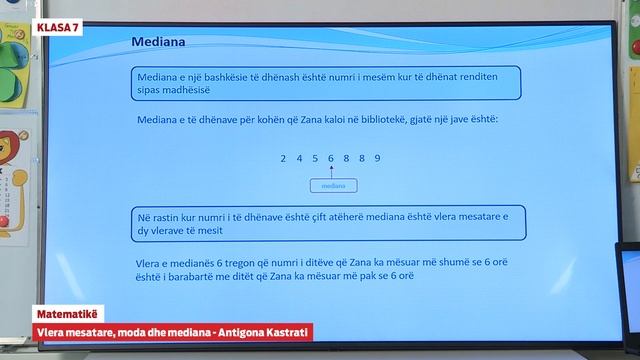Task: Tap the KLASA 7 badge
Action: pyautogui.click(x=57, y=27)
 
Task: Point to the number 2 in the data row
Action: pyautogui.click(x=283, y=158)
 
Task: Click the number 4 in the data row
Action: pyautogui.click(x=300, y=158)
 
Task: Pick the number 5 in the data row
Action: pyautogui.click(x=315, y=158)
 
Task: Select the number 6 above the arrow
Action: pyautogui.click(x=330, y=158)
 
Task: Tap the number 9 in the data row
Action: pyautogui.click(x=377, y=158)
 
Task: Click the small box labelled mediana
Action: pyautogui.click(x=333, y=186)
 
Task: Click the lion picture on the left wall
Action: pyautogui.click(x=12, y=160)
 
